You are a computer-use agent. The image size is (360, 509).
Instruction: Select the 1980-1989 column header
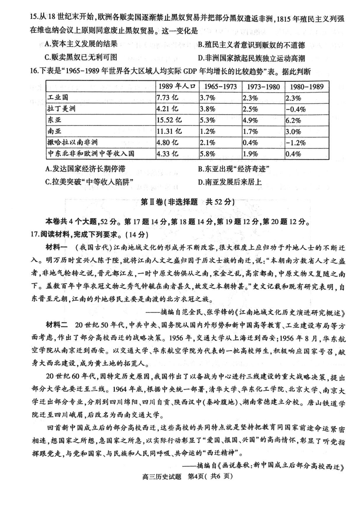(304, 87)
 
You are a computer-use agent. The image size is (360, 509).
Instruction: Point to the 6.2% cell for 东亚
(294, 120)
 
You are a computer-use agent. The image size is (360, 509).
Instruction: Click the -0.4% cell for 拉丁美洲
(297, 109)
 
